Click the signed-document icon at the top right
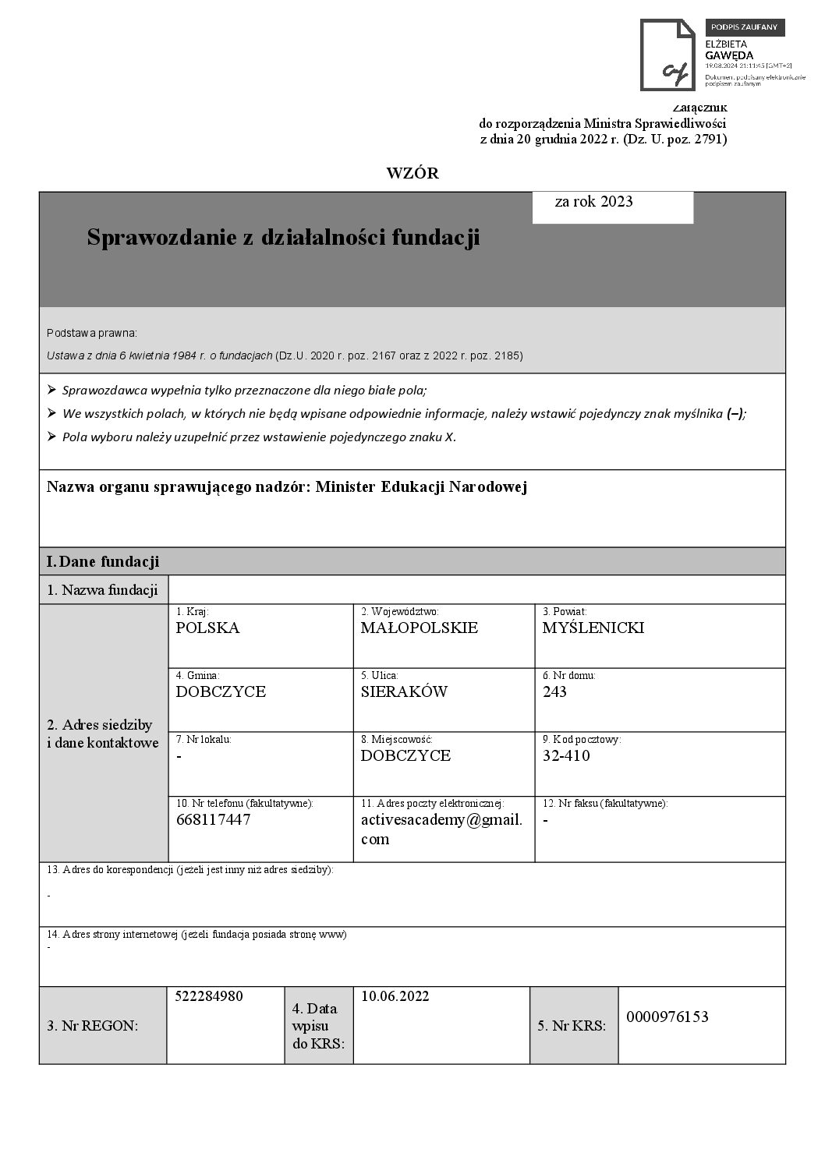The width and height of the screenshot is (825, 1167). point(667,55)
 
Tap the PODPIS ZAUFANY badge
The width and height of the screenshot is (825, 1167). point(745,27)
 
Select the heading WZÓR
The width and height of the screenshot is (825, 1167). point(412,174)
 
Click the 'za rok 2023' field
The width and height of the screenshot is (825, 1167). point(612,207)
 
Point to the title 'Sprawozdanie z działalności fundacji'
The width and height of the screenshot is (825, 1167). point(283,237)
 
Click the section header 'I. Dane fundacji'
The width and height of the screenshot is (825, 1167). point(103,561)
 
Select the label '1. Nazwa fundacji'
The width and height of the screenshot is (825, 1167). point(102,590)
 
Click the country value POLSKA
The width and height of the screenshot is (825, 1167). point(207,628)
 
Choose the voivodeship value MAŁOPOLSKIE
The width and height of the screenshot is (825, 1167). point(420,628)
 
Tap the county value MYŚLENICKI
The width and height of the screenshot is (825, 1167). point(593,628)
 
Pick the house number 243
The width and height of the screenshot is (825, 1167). point(554,692)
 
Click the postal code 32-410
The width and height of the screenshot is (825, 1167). point(566,756)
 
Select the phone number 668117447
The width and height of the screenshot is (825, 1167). point(213,820)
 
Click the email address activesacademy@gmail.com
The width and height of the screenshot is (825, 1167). point(441,829)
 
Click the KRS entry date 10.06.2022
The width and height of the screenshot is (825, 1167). point(395,996)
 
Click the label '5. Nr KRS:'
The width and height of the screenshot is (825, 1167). point(572,1026)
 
